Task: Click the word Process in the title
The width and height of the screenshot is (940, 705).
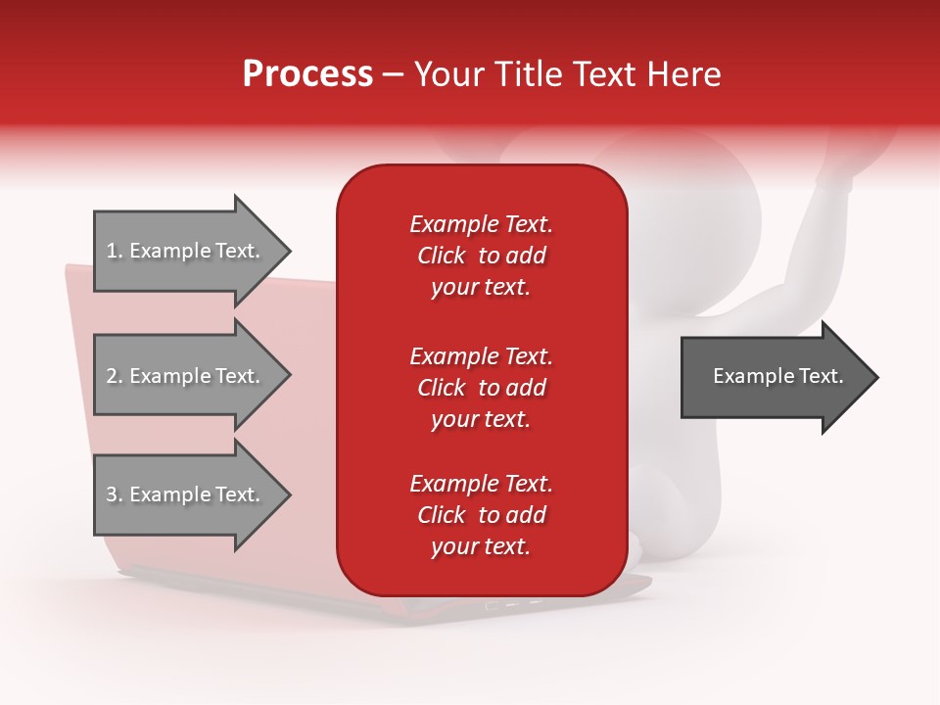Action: tap(307, 73)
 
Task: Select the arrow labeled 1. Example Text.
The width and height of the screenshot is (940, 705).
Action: tap(183, 251)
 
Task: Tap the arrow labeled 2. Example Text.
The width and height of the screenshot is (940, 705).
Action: tap(183, 376)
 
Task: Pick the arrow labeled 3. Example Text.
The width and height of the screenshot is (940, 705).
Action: tap(183, 494)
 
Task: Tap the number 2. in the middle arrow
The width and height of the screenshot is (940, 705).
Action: tap(115, 376)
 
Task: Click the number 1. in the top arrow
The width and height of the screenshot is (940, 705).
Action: tap(115, 251)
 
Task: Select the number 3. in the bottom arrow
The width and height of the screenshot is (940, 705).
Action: tap(115, 494)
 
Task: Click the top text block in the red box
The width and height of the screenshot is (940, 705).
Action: tap(481, 256)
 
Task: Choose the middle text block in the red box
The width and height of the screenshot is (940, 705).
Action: tap(481, 388)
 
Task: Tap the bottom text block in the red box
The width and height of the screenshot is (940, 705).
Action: tap(481, 515)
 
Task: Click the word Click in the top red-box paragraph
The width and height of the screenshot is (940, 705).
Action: tap(442, 256)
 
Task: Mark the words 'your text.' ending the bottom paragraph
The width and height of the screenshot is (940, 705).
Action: tap(481, 547)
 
